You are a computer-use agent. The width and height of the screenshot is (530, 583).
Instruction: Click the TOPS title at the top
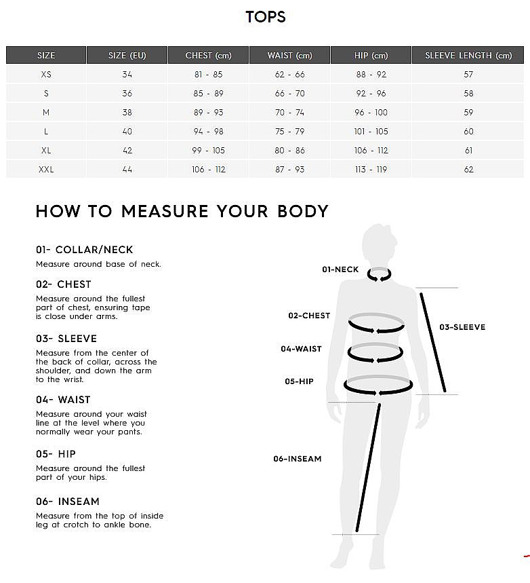[266, 17]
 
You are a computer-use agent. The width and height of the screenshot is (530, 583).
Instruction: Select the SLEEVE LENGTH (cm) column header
[468, 56]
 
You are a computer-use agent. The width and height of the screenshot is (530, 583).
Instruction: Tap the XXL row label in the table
[46, 170]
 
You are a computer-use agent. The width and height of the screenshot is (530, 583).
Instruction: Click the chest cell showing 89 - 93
[208, 112]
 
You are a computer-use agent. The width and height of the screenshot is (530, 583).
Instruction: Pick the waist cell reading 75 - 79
[289, 131]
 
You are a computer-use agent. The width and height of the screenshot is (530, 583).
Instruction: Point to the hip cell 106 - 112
[371, 150]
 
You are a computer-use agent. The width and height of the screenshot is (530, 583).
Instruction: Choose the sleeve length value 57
[468, 75]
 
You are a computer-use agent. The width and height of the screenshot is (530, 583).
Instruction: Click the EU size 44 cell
[127, 170]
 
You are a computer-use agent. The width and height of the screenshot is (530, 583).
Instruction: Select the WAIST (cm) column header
[289, 56]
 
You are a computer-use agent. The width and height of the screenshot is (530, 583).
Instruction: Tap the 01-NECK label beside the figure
[340, 269]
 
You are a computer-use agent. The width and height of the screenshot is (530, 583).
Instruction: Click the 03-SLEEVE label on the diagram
[462, 327]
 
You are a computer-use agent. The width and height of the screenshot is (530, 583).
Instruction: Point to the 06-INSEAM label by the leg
[298, 458]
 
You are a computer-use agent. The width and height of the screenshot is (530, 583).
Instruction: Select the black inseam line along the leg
[368, 468]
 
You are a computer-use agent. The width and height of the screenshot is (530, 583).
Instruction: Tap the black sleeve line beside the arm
[432, 343]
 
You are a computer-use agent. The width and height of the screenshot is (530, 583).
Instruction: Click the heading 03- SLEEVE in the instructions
[66, 339]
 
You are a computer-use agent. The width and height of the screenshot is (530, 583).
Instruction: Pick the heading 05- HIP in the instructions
[56, 454]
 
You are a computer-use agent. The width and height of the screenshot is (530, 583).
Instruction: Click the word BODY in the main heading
[303, 211]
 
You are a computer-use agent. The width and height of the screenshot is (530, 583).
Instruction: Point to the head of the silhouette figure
[378, 244]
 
